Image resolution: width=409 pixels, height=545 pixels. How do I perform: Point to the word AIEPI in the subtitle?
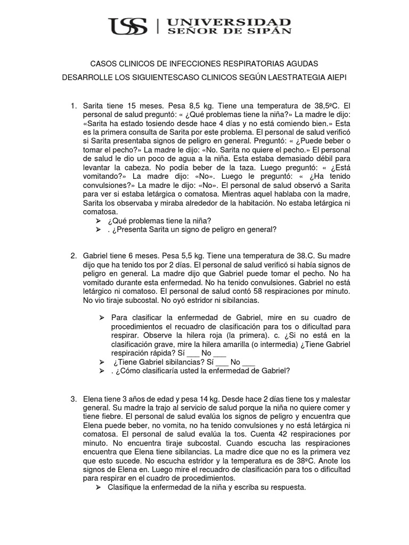pyautogui.click(x=334, y=78)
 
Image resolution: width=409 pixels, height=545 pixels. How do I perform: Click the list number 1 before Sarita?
pyautogui.click(x=73, y=105)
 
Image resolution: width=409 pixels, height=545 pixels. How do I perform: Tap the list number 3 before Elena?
pyautogui.click(x=73, y=399)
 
